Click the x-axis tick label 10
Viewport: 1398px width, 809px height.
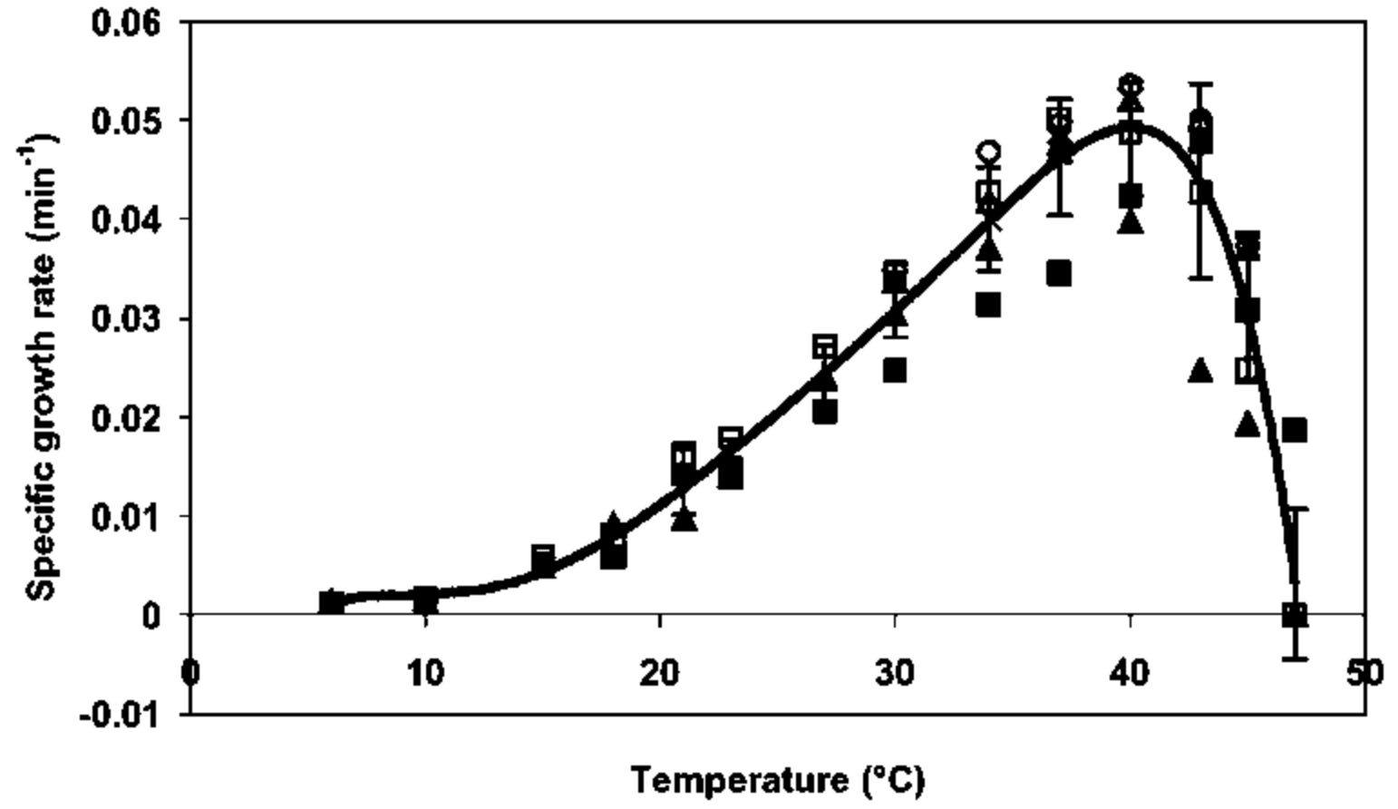[x=425, y=673]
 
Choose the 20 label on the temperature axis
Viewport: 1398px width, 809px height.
[x=660, y=673]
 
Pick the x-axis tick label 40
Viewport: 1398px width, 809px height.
[x=1130, y=673]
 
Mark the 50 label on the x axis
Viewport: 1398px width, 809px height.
[x=1364, y=673]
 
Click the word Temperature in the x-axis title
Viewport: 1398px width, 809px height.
[x=736, y=780]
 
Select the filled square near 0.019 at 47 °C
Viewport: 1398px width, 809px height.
[x=1295, y=430]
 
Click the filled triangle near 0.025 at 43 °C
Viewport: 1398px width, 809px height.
[x=1200, y=370]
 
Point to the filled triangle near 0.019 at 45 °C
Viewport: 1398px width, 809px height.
[x=1248, y=424]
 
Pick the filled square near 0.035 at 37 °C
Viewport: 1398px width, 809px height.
[x=1059, y=273]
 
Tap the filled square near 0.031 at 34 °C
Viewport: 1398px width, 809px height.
[x=988, y=305]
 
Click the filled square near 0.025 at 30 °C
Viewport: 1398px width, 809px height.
[x=895, y=370]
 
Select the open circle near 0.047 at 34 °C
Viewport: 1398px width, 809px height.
[x=988, y=151]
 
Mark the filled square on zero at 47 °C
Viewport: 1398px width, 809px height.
[x=1295, y=615]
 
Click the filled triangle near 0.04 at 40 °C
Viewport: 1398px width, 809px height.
[x=1130, y=221]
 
